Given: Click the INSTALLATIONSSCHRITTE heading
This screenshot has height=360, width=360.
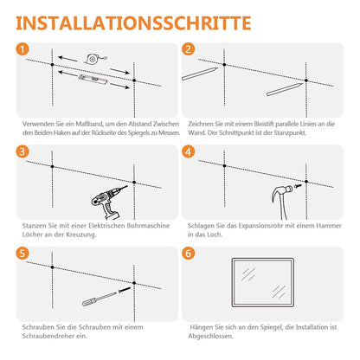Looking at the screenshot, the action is click(133, 23).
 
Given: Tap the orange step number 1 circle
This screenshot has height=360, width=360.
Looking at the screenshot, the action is click(22, 49).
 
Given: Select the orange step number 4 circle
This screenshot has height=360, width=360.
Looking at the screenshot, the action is click(189, 151).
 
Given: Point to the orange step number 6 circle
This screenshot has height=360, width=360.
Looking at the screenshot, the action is click(189, 254).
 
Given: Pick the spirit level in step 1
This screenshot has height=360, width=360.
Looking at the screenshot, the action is click(93, 79).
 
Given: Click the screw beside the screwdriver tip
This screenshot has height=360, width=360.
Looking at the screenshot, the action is click(125, 290).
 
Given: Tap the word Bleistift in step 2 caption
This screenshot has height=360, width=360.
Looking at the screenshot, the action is click(264, 124).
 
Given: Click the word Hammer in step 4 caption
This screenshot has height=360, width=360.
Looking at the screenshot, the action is click(329, 226).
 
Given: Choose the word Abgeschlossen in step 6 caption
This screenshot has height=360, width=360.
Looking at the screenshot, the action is click(210, 337).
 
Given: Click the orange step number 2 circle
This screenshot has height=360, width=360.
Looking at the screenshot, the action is click(189, 49).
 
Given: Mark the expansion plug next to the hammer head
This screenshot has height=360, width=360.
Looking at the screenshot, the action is click(298, 186).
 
